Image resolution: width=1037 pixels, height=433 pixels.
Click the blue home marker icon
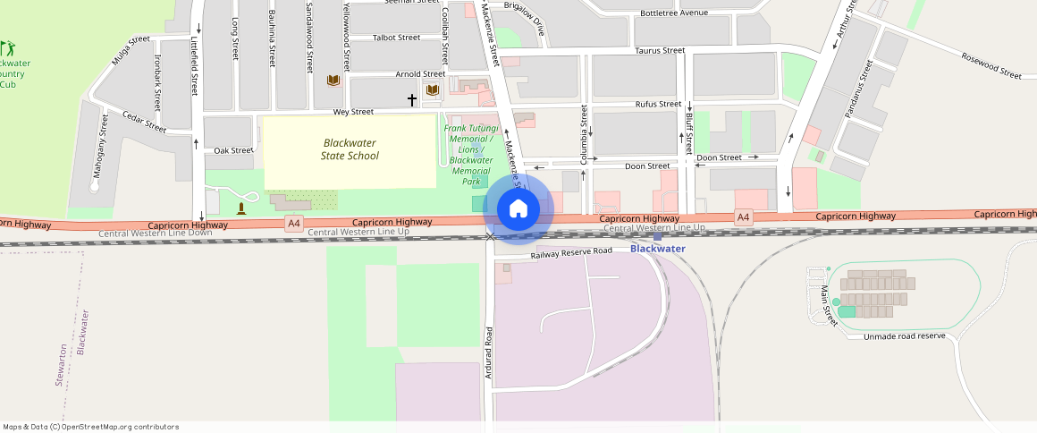pos(518,209)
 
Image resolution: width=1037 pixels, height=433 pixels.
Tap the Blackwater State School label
pos(350,149)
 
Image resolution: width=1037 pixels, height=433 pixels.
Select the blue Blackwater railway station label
pos(657,248)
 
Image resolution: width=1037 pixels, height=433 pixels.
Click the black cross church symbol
pos(412,99)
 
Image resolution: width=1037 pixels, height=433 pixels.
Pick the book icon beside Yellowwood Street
pos(333,81)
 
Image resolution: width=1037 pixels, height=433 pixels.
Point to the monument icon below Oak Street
pos(241,208)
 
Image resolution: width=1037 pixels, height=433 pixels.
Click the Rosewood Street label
pos(991,65)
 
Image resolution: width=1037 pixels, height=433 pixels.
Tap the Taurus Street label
pos(660,51)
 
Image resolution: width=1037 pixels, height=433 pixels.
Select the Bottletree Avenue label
pos(673,13)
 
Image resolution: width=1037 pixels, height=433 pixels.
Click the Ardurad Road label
pos(489,352)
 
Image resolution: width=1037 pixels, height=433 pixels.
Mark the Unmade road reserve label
pos(905,336)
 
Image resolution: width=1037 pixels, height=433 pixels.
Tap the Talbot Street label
pos(396,38)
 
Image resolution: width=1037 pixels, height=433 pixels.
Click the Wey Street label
pos(353,112)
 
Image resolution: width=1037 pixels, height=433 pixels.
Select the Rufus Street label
pos(658,105)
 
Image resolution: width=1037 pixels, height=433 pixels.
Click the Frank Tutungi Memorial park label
pos(471,154)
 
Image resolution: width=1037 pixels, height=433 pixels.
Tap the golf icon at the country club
pos(6,47)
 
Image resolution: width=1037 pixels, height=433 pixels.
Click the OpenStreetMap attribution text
pos(90,427)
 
